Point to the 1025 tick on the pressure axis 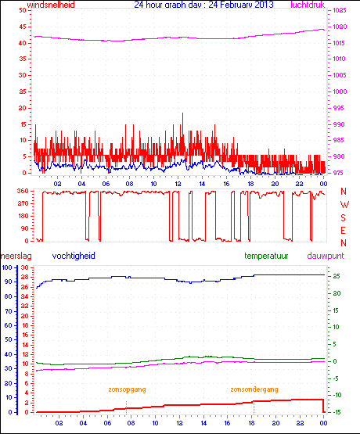pos(343,11)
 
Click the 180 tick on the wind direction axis pos(23,217)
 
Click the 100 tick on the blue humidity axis pos(7,268)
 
